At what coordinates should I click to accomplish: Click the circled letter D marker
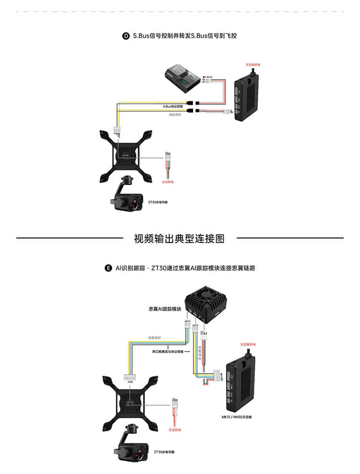126,36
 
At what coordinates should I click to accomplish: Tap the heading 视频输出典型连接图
180,238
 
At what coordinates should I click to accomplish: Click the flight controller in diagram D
181,77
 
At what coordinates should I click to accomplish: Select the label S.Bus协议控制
170,106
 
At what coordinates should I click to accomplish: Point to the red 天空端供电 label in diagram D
253,64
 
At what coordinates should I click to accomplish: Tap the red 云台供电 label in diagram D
168,182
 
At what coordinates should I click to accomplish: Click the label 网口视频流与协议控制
165,352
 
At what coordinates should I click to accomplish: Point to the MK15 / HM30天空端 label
237,417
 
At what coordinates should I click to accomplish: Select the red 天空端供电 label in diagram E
248,345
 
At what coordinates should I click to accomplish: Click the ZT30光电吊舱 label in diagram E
164,452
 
